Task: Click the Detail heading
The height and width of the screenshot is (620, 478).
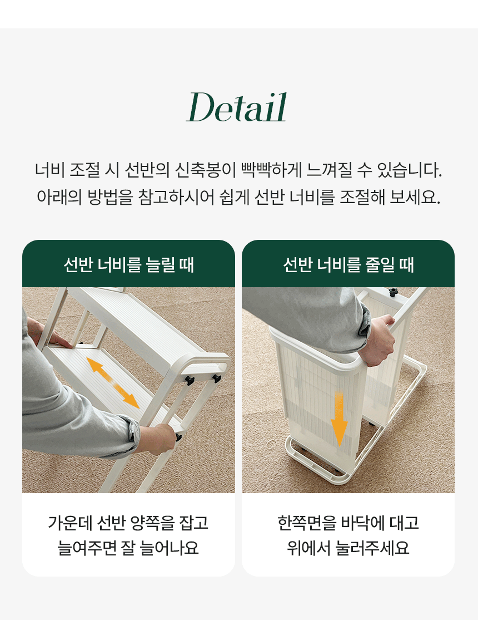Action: pyautogui.click(x=236, y=107)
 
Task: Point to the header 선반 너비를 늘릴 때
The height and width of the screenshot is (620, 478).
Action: pyautogui.click(x=129, y=264)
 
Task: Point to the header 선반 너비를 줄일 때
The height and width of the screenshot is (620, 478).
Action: pyautogui.click(x=348, y=264)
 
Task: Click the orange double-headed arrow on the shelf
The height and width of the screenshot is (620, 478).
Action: pyautogui.click(x=113, y=382)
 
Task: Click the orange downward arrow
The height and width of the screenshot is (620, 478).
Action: pyautogui.click(x=339, y=419)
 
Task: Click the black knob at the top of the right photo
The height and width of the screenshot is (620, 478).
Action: pyautogui.click(x=393, y=292)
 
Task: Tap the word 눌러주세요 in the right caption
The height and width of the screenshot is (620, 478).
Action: pyautogui.click(x=372, y=548)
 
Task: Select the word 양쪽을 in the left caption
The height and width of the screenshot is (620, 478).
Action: pyautogui.click(x=153, y=523)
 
